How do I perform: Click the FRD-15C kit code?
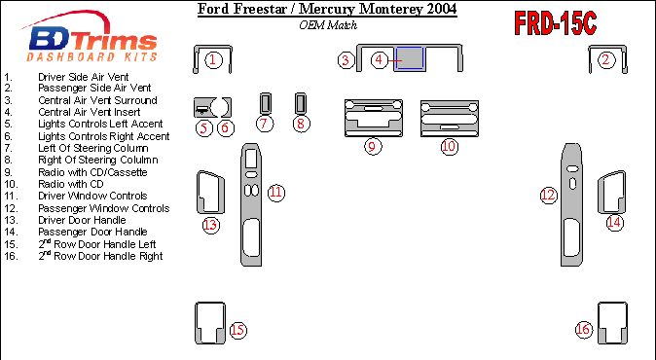click(555, 23)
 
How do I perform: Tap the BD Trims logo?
click(91, 38)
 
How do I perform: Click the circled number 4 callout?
click(379, 59)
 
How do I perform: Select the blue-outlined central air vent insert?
click(410, 58)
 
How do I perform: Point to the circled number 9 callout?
click(373, 146)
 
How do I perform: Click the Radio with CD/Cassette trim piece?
click(374, 119)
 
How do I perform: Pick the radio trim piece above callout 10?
click(450, 119)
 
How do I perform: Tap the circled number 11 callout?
click(276, 193)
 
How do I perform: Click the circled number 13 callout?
click(211, 226)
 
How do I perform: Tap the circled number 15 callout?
click(237, 330)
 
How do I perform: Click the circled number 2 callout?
click(606, 60)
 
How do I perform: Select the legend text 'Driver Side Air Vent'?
click(84, 77)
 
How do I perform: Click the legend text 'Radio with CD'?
click(71, 184)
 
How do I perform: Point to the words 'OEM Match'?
click(328, 25)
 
